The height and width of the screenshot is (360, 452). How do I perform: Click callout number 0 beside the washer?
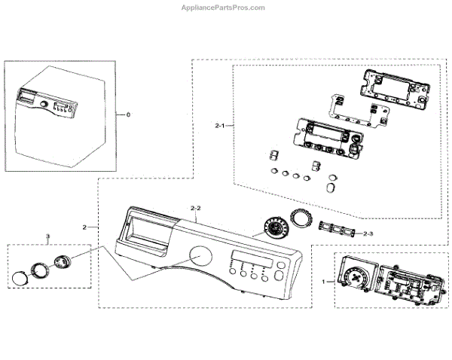click(128, 114)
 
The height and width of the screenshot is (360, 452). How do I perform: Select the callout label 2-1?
click(220, 124)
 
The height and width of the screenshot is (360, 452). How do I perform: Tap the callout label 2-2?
click(195, 206)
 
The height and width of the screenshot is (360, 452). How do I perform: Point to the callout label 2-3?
click(368, 233)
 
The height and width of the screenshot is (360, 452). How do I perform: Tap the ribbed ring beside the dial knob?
click(301, 218)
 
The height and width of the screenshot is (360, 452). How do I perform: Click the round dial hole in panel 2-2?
click(200, 257)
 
